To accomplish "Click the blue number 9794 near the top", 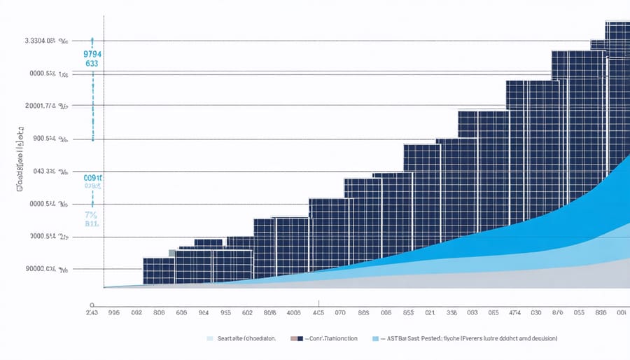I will [92, 54].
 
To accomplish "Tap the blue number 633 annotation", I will [92, 63].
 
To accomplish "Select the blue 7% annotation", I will [92, 215].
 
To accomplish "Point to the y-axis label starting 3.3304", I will [45, 41].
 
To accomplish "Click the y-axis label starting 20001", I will [46, 106].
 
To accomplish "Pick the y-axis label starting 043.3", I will [46, 171].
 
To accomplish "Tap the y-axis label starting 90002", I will [46, 269].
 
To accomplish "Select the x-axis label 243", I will [92, 314].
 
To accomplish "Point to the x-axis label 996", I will [114, 314].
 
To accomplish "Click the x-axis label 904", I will [204, 314].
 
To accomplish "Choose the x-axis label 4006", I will [294, 314].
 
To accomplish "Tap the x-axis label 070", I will [341, 314].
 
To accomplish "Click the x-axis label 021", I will [430, 314].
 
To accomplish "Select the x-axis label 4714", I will [514, 314].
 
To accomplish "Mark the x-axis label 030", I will [536, 314].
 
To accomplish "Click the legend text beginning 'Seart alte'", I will [248, 338].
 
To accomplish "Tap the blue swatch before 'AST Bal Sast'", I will [375, 338].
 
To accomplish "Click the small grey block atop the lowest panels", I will [172, 253].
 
